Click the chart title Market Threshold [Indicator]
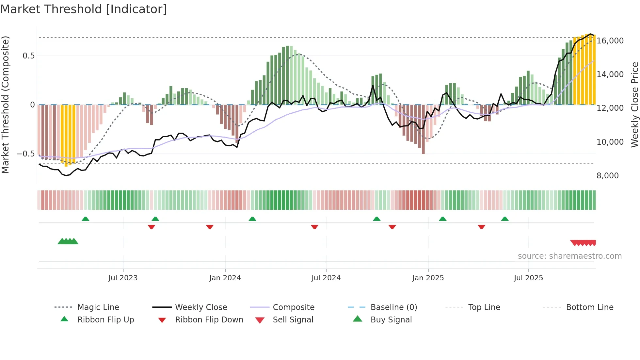coord(84,9)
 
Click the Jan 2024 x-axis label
coord(225,278)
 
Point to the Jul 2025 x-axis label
coord(528,278)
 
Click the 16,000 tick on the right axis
coord(610,41)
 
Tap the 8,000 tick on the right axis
coord(607,176)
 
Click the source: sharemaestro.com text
coord(569,256)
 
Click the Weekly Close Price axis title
coord(634,105)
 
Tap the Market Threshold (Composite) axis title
coord(5,105)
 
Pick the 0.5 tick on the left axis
coord(28,56)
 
